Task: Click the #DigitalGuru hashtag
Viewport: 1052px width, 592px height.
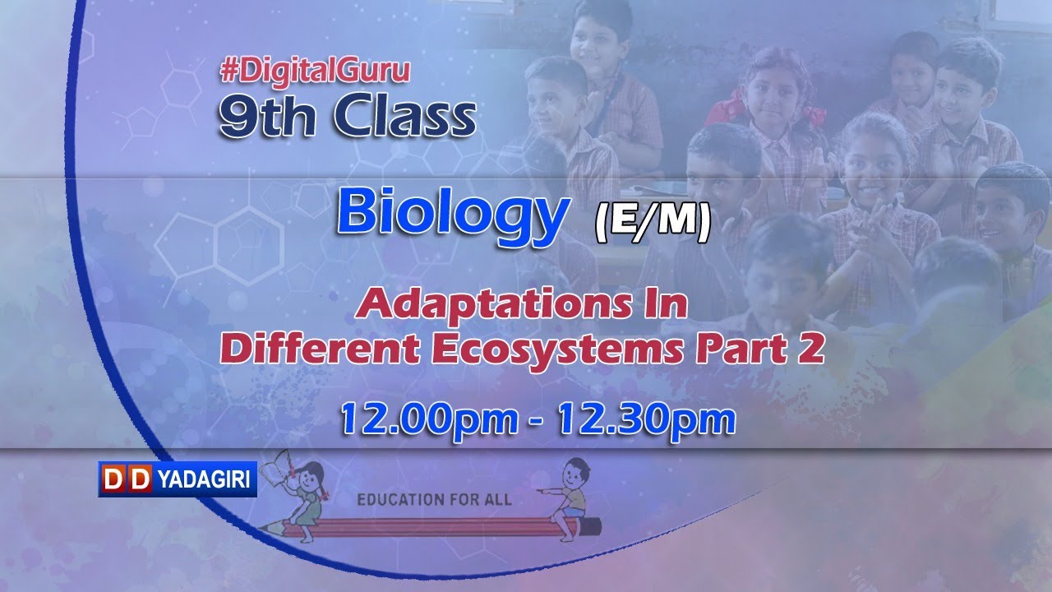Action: (315, 72)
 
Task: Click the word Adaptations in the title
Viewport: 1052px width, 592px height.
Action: (482, 305)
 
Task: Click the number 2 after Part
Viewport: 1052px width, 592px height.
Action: (812, 349)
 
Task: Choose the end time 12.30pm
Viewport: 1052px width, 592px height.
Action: (645, 420)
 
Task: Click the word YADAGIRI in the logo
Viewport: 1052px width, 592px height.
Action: (205, 479)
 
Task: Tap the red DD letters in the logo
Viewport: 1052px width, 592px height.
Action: (127, 479)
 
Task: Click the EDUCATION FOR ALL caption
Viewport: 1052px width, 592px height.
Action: (433, 499)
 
